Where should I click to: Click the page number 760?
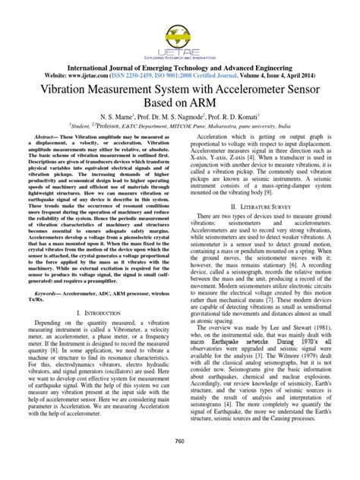pos(179,463)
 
